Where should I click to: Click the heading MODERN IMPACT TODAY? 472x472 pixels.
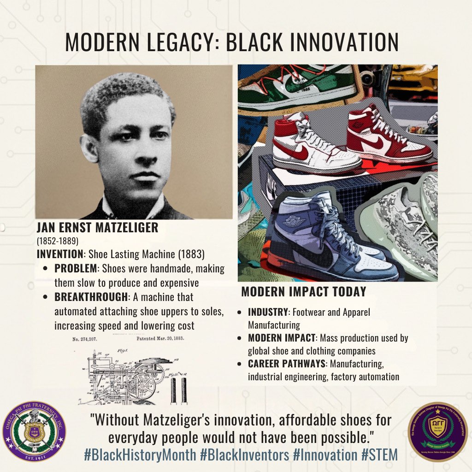tap(303, 292)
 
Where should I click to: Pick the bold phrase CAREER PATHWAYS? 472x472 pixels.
tap(286, 364)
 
